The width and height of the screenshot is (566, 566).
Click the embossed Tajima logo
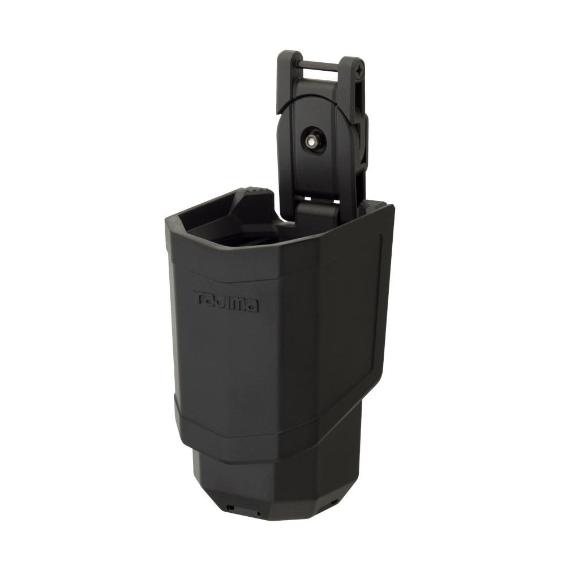(x=226, y=301)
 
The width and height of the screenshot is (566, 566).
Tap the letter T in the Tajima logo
(x=200, y=297)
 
